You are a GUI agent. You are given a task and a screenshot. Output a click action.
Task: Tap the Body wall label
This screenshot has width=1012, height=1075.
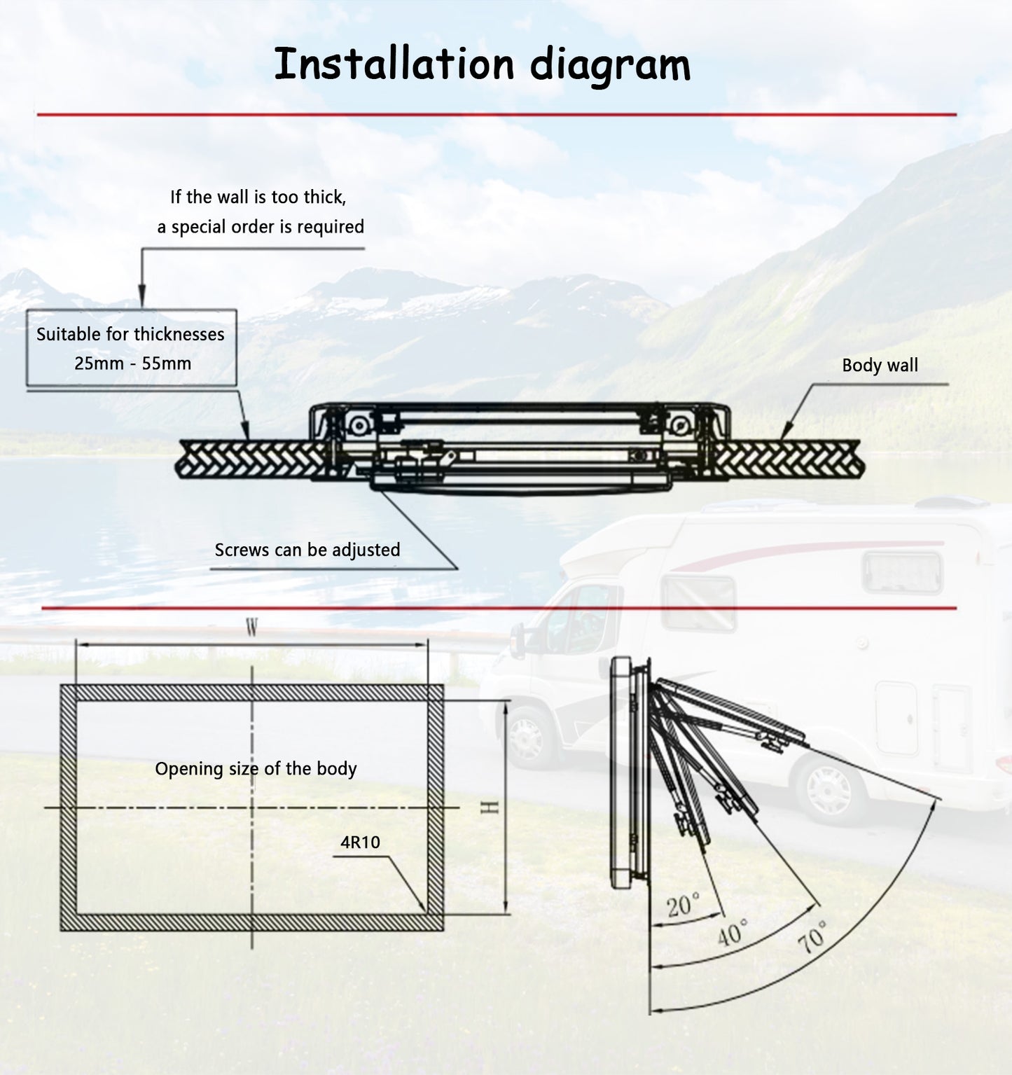click(x=880, y=365)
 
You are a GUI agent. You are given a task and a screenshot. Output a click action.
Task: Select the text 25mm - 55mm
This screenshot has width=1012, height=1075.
click(x=132, y=363)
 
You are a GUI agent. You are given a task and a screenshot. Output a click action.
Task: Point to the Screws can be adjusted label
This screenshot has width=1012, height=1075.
click(x=307, y=550)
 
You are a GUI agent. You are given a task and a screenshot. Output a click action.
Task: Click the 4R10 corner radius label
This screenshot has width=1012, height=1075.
click(x=360, y=842)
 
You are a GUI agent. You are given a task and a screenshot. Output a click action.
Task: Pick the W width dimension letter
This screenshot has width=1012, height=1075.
click(x=252, y=628)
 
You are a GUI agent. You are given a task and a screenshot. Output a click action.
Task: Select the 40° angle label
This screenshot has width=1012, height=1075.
click(x=733, y=932)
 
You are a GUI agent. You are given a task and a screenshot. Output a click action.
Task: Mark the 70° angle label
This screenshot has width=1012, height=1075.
click(x=812, y=937)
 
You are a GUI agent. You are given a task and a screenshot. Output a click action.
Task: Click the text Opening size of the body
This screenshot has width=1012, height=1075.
click(x=256, y=768)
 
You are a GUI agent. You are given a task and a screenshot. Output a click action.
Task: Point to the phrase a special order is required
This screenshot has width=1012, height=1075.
click(x=261, y=227)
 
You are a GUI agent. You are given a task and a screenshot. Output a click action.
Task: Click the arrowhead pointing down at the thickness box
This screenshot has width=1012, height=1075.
click(x=141, y=297)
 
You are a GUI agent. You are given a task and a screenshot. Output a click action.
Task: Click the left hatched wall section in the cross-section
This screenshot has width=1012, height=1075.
click(x=249, y=459)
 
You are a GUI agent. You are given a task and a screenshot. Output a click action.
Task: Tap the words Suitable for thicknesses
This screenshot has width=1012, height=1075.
click(x=130, y=334)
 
